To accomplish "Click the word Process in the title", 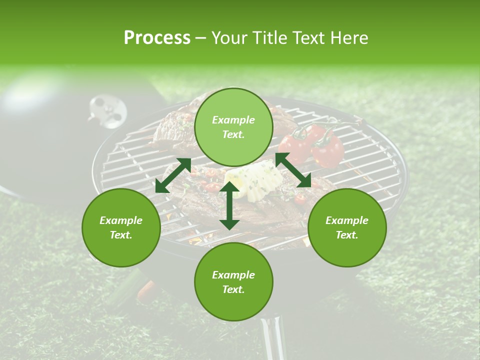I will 157,38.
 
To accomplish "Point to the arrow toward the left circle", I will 173,175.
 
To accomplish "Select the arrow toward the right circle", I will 293,170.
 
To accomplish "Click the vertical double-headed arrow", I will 229,205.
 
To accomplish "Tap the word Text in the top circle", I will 233,134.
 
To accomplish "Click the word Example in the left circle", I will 121,220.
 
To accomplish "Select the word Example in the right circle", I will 347,220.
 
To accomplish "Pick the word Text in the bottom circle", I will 233,289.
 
